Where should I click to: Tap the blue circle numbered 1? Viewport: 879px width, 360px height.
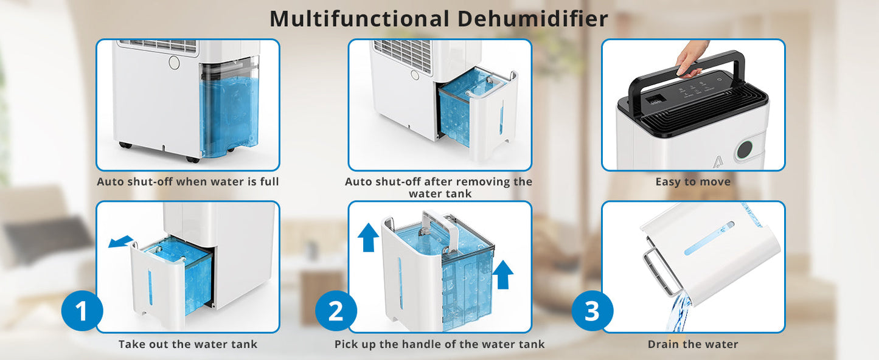(x=82, y=311)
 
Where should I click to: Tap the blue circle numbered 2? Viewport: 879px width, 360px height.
(x=335, y=311)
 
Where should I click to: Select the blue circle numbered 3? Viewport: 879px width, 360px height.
(x=592, y=311)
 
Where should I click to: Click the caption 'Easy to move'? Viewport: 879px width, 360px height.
(x=693, y=182)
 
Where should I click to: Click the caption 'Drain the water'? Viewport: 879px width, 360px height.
(x=693, y=345)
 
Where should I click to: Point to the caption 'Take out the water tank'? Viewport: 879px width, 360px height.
(x=187, y=345)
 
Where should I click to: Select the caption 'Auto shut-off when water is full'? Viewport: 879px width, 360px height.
(x=187, y=182)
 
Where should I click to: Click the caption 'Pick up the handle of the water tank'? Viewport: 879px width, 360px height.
(x=439, y=345)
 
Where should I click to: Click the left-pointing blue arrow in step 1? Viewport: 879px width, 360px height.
(x=120, y=241)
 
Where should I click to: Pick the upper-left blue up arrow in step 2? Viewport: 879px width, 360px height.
(x=368, y=237)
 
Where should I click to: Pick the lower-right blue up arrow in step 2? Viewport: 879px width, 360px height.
(x=502, y=275)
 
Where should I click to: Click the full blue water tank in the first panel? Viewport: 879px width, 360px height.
(x=229, y=109)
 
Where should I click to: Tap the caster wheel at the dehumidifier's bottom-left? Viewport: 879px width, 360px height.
(x=125, y=146)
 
